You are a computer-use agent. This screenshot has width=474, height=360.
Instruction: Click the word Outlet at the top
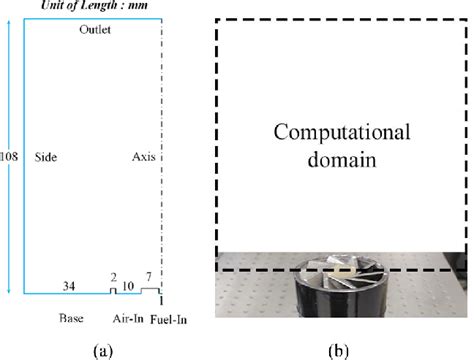(x=95, y=31)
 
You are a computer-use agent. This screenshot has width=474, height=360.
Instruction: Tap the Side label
(x=44, y=158)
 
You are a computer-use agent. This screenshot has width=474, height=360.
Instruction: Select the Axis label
(x=143, y=158)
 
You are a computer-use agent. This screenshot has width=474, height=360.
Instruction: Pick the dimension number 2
(x=113, y=279)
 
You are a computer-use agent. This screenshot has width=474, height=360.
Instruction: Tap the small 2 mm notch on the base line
(x=113, y=291)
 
